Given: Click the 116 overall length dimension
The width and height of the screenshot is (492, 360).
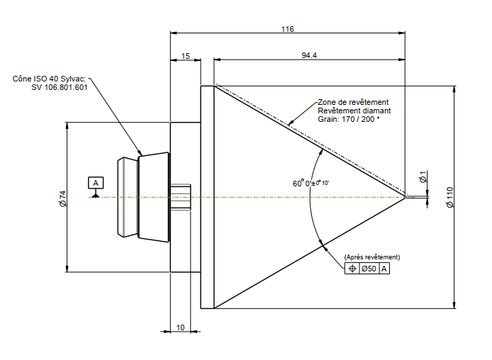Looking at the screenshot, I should point(287,29).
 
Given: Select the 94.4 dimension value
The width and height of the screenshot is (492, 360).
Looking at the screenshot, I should point(309,55).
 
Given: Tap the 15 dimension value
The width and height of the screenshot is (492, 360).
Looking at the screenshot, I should point(186,55).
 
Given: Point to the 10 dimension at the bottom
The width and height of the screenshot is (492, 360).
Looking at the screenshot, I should point(181,327).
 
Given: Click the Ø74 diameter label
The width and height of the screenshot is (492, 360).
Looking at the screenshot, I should point(62,198).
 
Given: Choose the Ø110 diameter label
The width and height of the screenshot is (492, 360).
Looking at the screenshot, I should point(449,197).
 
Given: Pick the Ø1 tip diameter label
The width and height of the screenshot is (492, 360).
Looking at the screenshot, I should point(423,176).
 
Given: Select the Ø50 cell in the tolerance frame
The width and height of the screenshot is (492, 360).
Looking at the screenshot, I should point(369,269).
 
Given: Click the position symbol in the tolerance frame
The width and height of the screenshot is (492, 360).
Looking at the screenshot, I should point(351,269).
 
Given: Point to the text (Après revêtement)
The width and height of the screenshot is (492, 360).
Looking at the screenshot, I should point(371,257).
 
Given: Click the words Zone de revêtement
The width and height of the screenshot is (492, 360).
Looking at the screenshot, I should point(353,102).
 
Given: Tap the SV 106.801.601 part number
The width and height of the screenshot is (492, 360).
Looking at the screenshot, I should point(60,87).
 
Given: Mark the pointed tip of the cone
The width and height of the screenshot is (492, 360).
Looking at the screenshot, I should point(406,197).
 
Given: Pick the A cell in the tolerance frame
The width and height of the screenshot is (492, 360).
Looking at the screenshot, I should point(384,269).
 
